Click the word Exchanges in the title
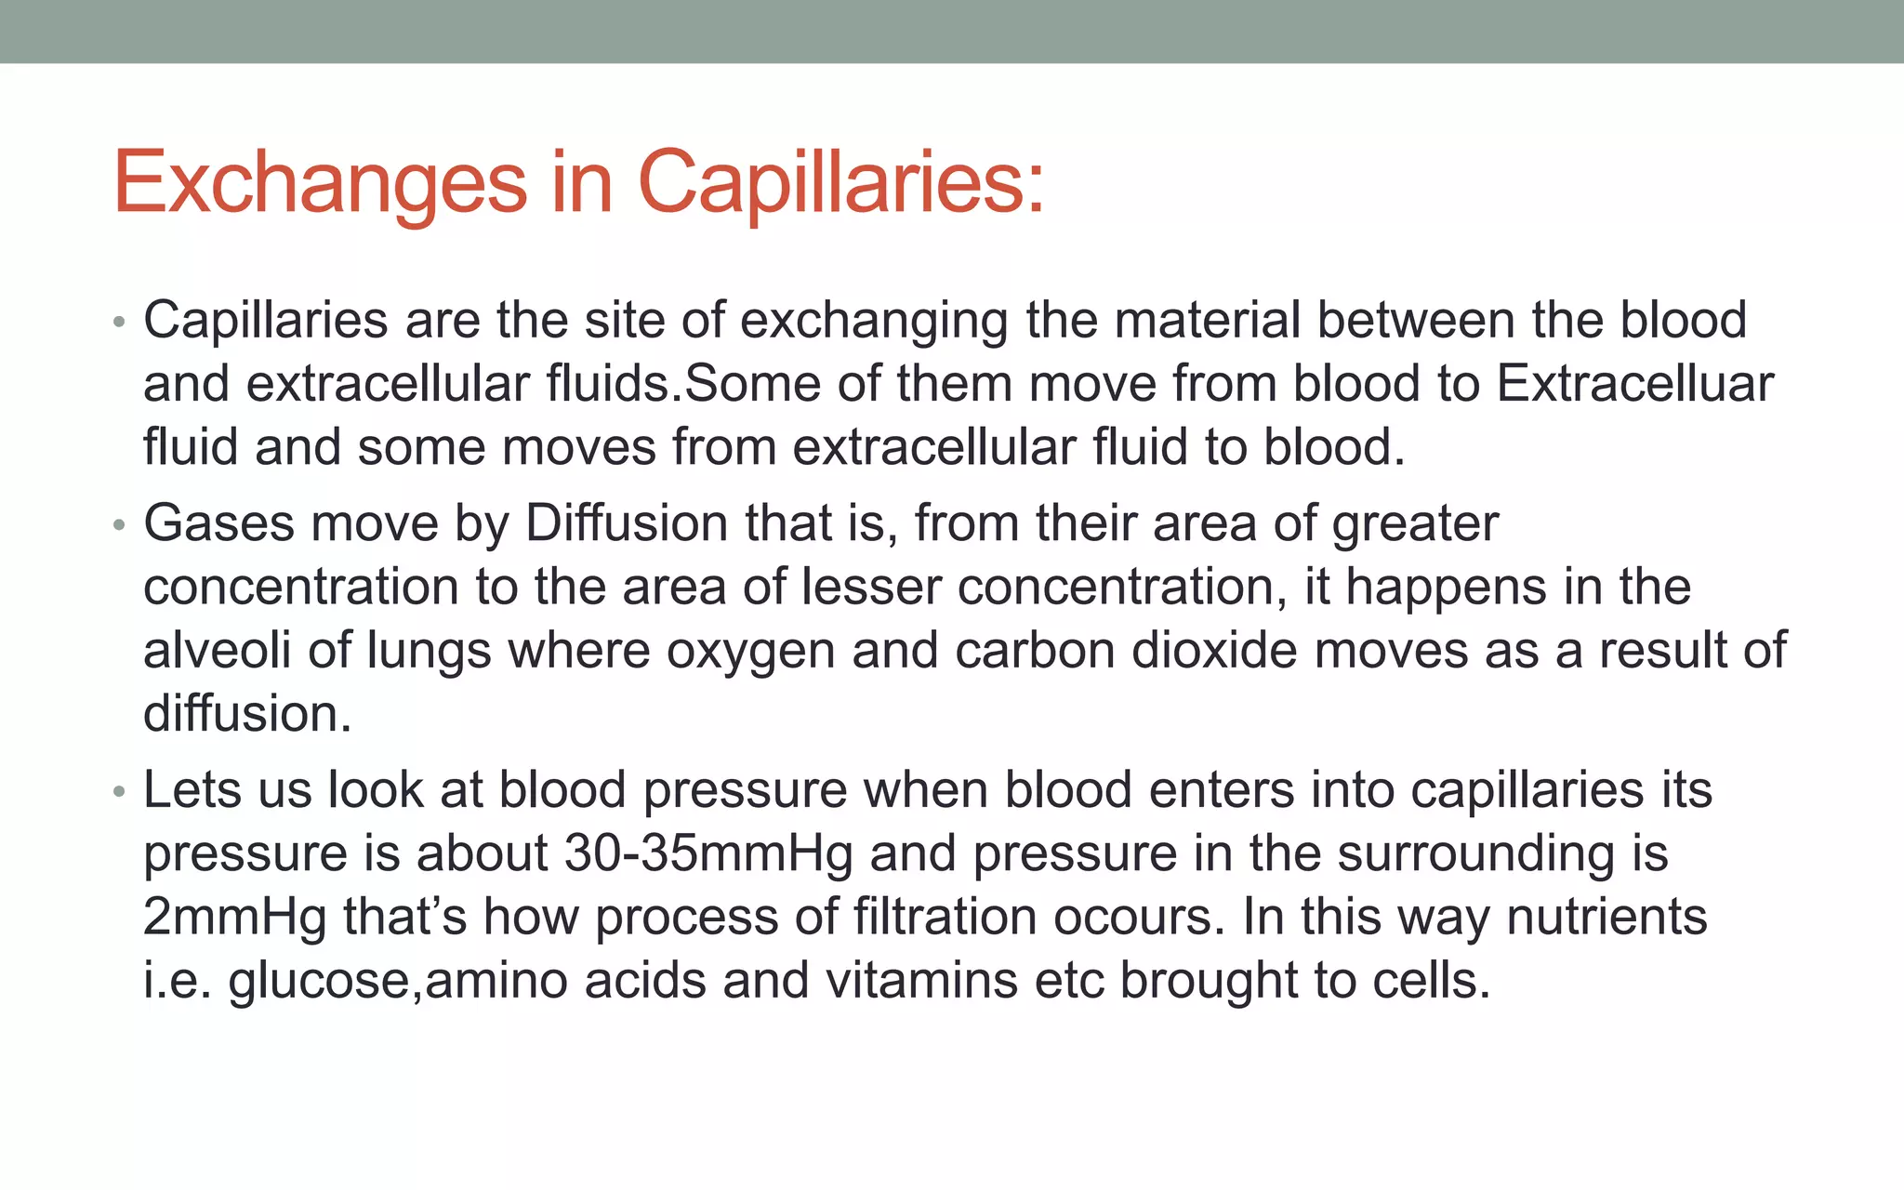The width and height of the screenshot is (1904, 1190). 320,183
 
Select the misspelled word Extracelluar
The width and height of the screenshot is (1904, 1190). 1635,384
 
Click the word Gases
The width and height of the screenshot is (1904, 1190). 218,523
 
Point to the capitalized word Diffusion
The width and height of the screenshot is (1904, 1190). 627,523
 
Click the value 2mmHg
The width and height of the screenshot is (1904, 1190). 235,918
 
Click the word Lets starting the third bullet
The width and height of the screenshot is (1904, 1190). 192,790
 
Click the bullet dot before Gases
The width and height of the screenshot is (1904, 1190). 118,526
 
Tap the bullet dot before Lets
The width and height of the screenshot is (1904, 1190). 118,793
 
